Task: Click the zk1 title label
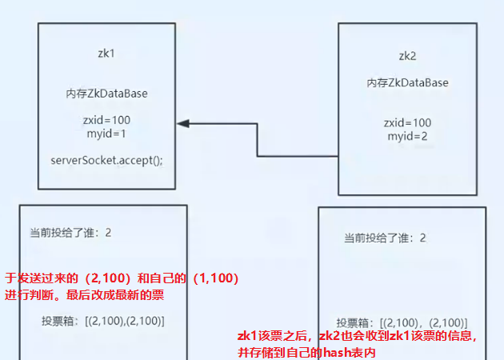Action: [106, 54]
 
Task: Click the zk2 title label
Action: [408, 57]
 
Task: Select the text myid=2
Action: [408, 136]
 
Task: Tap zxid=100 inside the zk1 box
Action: [106, 120]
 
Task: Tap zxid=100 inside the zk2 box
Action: [408, 122]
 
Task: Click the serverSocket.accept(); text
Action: [106, 159]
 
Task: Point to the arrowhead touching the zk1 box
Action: [183, 123]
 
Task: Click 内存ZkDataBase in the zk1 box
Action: [106, 94]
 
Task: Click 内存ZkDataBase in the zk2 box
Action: [408, 82]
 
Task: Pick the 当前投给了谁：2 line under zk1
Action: [70, 233]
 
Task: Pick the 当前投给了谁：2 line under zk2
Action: [385, 238]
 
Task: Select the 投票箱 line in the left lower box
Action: [103, 321]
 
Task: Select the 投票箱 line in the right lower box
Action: [397, 313]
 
